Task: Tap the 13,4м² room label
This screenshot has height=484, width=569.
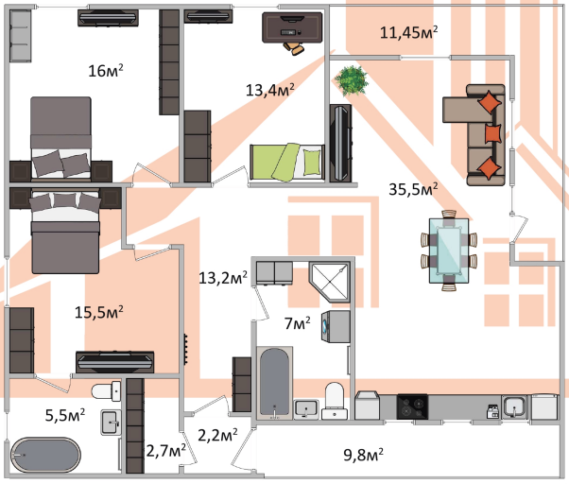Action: coord(269,90)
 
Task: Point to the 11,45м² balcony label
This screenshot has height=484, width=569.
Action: coord(408,33)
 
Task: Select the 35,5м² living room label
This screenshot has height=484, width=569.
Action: coord(414,189)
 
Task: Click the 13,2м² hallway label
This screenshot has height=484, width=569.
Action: coord(223,278)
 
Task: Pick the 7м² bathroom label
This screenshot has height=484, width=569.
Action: coord(298,324)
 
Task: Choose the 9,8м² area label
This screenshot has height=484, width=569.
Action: coord(362,457)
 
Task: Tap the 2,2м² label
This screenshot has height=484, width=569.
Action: coord(216,436)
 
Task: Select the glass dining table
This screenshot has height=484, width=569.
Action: coord(447,249)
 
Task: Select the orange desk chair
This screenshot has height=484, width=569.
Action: coord(295,43)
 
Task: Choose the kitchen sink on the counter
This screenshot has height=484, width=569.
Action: coord(514,406)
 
